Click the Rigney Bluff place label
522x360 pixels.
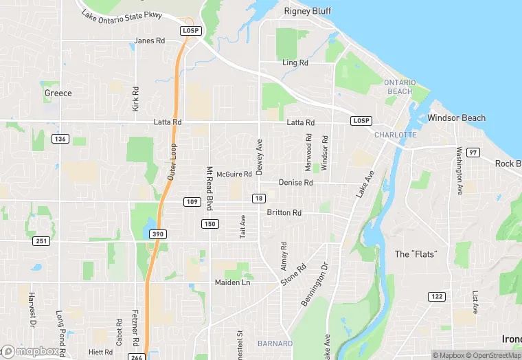(x=308, y=11)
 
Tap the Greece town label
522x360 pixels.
(x=58, y=93)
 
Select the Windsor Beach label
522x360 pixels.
(x=456, y=118)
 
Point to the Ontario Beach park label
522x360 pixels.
(x=399, y=87)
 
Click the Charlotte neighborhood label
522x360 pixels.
(x=396, y=135)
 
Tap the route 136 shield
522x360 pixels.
(x=60, y=139)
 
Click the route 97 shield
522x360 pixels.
(x=472, y=152)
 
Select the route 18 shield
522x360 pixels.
(x=258, y=199)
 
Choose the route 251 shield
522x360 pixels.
(x=40, y=240)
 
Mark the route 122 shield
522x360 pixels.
(x=436, y=296)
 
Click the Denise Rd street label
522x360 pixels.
(x=295, y=183)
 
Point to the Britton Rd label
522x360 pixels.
(x=284, y=213)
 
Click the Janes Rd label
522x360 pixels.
(x=150, y=41)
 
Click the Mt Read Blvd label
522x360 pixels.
(x=211, y=188)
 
